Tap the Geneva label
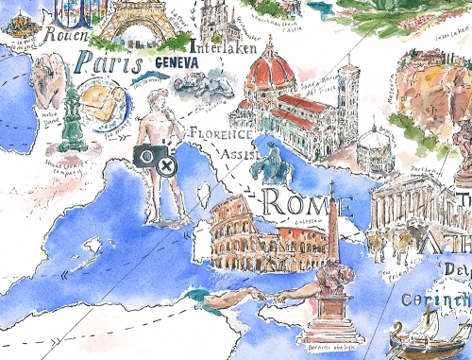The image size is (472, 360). pos(175,61)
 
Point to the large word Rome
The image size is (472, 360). pos(306,202)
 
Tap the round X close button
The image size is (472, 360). pos(167,167)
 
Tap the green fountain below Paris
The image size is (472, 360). pos(68,118)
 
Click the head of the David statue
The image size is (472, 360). pos(153,103)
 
